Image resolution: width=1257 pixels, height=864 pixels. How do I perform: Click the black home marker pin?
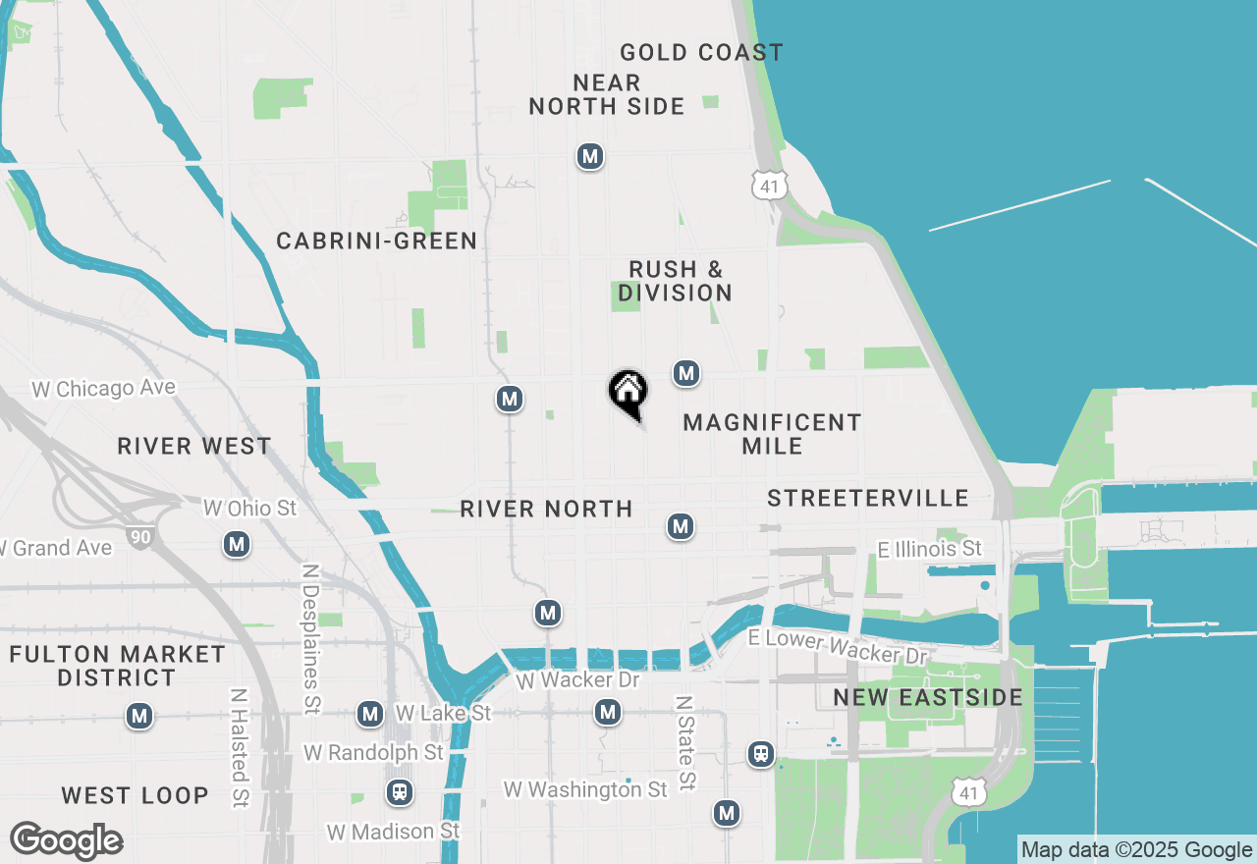tap(628, 392)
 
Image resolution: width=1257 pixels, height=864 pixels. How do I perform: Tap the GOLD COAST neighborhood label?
tap(701, 53)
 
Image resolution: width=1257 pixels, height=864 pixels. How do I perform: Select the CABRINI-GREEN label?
tap(377, 241)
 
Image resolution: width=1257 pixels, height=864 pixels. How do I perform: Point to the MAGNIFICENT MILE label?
tap(772, 434)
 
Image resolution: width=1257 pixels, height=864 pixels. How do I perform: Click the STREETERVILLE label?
tap(868, 499)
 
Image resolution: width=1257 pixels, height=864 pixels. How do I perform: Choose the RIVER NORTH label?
tap(546, 509)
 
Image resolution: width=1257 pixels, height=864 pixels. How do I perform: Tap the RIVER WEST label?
tap(194, 447)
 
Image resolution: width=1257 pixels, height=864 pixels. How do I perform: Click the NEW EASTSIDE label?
tap(928, 697)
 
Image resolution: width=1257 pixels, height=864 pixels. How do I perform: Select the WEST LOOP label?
tap(135, 795)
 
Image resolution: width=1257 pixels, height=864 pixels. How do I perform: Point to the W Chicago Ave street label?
tap(103, 389)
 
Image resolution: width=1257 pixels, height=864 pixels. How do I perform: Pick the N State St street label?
tap(685, 743)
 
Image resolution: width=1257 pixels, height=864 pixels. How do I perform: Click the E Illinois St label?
tap(930, 549)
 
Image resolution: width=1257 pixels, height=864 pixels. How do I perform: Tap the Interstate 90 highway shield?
tap(139, 536)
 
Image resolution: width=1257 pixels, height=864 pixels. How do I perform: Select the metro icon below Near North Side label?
tap(589, 156)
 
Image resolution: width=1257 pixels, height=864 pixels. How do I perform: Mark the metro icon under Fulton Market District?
tap(139, 717)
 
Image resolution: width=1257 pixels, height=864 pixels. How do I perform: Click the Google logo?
tap(66, 841)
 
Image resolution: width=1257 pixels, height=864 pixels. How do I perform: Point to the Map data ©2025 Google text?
tap(1136, 850)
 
